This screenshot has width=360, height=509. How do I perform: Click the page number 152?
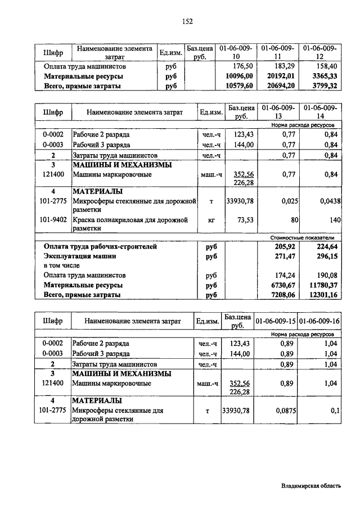coord(187,21)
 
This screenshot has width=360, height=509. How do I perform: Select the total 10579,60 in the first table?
coord(239,86)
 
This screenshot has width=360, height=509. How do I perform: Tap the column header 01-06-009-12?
coord(320,52)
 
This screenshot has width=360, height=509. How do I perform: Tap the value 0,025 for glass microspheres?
coord(286,200)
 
